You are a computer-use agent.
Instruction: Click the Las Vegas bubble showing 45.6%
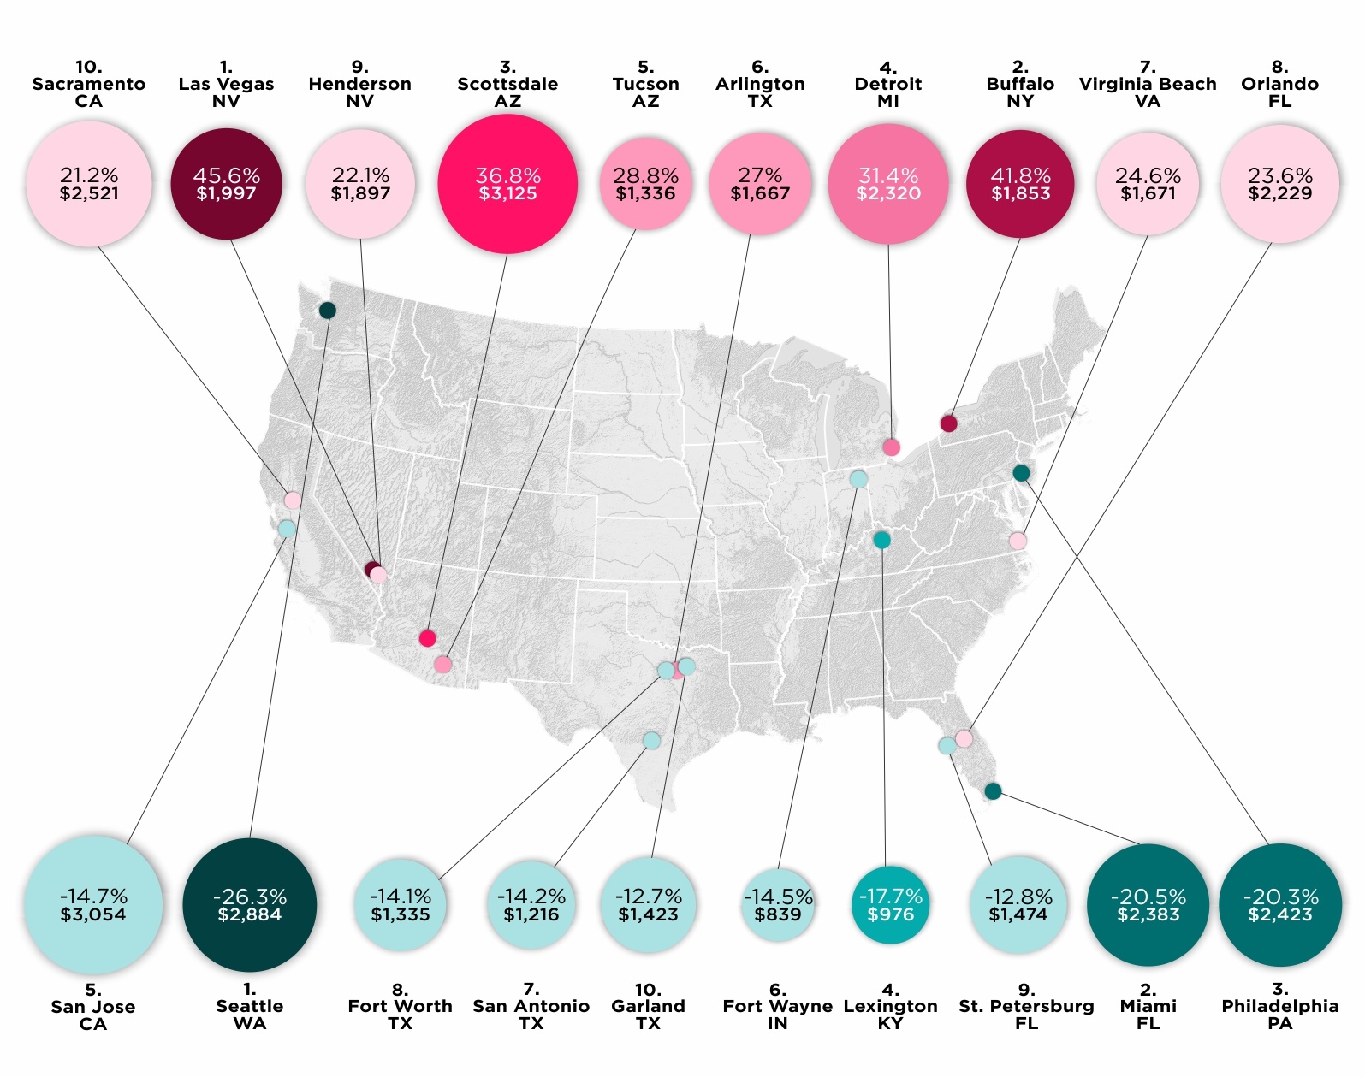point(226,184)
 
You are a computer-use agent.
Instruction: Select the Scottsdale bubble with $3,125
point(507,184)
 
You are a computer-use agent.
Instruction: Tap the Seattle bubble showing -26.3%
point(250,905)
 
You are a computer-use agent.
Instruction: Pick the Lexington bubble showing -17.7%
point(890,905)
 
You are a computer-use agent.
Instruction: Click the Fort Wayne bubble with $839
point(778,905)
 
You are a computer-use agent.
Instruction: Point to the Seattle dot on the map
point(327,310)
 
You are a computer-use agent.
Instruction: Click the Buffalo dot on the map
point(948,423)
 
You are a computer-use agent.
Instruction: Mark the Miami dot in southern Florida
point(993,791)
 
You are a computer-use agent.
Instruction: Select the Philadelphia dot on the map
point(1021,473)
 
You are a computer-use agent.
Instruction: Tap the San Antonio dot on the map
point(651,740)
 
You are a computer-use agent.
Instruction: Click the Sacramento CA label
point(89,84)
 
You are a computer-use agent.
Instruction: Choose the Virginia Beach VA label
point(1148,84)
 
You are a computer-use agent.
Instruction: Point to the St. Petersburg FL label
point(1026,1007)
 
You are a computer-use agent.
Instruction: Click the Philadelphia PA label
point(1279,1007)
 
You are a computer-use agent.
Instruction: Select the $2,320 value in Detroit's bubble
point(888,194)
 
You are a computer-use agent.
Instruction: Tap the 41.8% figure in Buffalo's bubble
point(1020,175)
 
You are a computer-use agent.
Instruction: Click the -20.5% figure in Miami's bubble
point(1148,897)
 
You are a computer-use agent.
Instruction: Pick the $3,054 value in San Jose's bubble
point(93,914)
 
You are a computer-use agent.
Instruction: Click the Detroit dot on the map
point(891,447)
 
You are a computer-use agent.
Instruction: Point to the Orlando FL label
point(1279,84)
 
